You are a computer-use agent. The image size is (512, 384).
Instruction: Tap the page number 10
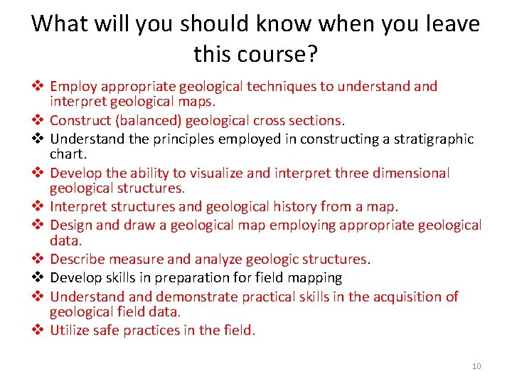coord(476,366)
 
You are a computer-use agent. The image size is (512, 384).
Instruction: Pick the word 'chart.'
coord(68,153)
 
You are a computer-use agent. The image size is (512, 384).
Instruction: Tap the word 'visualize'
coord(206,173)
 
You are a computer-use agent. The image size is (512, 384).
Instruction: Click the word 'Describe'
coord(77,259)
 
